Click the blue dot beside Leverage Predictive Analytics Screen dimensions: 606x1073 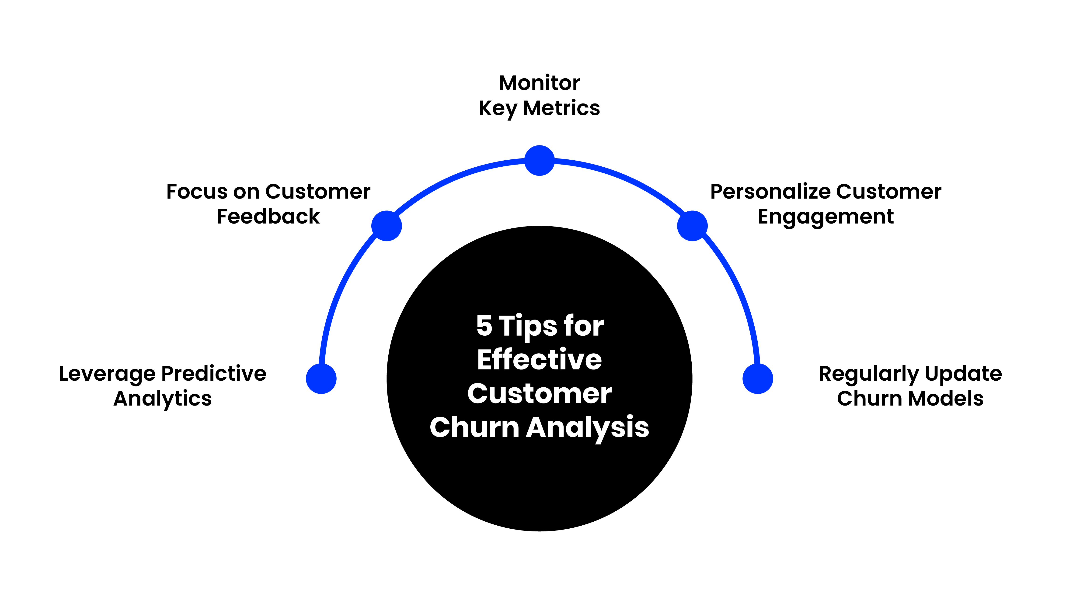click(321, 379)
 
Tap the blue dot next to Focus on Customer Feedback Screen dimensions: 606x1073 click(387, 226)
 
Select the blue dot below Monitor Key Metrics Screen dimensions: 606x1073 click(539, 161)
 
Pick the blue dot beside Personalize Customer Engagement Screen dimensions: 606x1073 click(692, 226)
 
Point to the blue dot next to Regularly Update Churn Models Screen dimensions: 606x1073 click(758, 379)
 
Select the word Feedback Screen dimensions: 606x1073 click(268, 217)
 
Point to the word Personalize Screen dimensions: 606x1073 click(770, 192)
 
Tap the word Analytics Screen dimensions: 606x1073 click(163, 399)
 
